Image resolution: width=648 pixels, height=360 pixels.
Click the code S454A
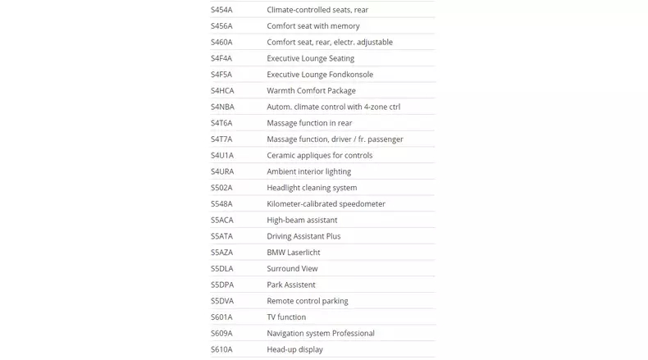pyautogui.click(x=221, y=10)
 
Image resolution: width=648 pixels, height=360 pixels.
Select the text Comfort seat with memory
pyautogui.click(x=313, y=26)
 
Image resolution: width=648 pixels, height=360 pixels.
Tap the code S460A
pyautogui.click(x=221, y=42)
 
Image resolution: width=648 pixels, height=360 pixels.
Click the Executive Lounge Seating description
pyautogui.click(x=310, y=58)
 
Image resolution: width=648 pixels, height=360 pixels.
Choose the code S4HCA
pyautogui.click(x=222, y=90)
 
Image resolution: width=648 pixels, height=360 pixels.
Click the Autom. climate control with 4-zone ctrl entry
pyautogui.click(x=333, y=107)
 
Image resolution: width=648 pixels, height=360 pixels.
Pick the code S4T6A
pyautogui.click(x=221, y=123)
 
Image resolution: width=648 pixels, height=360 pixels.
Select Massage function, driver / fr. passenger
pyautogui.click(x=335, y=139)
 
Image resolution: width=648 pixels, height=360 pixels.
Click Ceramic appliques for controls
pyautogui.click(x=319, y=155)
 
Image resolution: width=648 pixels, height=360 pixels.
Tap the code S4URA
pyautogui.click(x=222, y=171)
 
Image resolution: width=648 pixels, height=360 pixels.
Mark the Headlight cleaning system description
pyautogui.click(x=312, y=188)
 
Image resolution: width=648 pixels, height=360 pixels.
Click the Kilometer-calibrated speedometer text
pyautogui.click(x=326, y=203)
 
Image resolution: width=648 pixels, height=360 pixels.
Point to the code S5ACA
pyautogui.click(x=222, y=220)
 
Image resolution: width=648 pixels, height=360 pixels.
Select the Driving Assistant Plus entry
pyautogui.click(x=303, y=236)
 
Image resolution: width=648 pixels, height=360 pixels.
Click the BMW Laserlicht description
pyautogui.click(x=293, y=253)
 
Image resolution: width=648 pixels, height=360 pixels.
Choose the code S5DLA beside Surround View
pyautogui.click(x=222, y=268)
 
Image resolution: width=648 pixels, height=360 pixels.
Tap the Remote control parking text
pyautogui.click(x=307, y=301)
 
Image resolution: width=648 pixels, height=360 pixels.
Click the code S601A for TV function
pyautogui.click(x=221, y=317)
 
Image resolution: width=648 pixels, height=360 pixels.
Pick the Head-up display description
pyautogui.click(x=294, y=349)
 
